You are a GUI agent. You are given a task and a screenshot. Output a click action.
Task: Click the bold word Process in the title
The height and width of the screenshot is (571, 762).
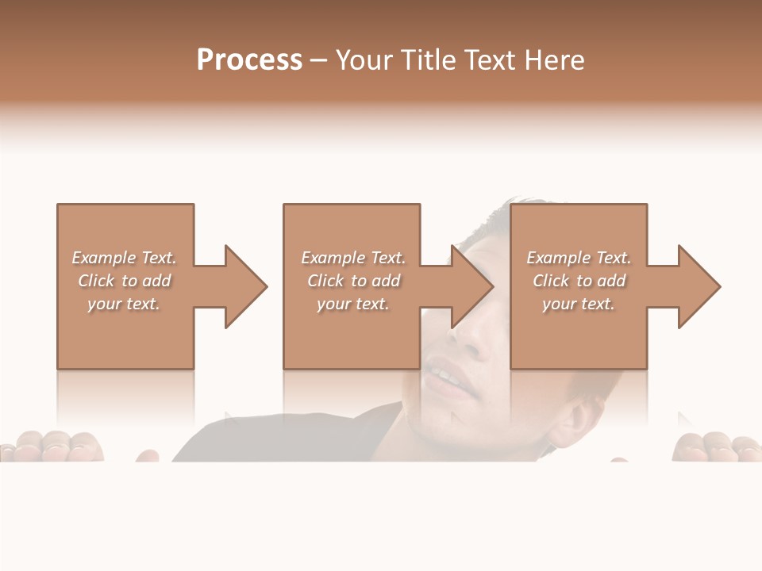249,60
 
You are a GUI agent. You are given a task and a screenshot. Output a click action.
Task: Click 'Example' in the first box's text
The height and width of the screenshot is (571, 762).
104,258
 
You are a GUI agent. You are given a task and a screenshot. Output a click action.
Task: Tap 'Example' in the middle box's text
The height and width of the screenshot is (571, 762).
333,258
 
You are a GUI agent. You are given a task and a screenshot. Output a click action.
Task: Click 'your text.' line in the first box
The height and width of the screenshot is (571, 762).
124,304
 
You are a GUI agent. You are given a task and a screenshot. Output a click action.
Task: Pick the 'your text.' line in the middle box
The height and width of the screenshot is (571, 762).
353,304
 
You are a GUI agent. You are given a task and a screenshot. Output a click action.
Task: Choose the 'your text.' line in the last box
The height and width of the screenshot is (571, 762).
579,304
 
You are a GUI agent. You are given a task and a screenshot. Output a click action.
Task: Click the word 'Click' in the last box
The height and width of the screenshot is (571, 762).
551,281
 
